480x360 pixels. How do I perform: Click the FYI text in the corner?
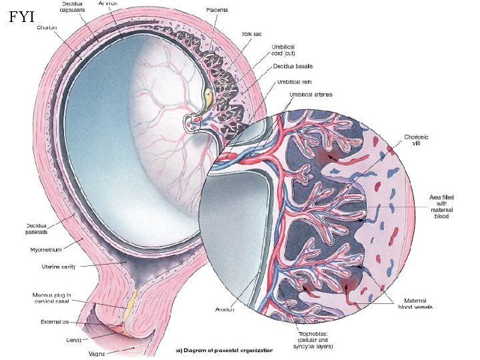tap(22, 17)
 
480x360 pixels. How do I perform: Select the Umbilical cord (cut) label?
tap(283, 50)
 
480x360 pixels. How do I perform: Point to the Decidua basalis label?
tap(293, 67)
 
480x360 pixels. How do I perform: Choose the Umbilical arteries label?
tap(311, 95)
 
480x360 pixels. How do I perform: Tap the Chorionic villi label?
tap(421, 141)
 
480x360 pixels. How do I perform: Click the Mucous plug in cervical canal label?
tap(52, 298)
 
